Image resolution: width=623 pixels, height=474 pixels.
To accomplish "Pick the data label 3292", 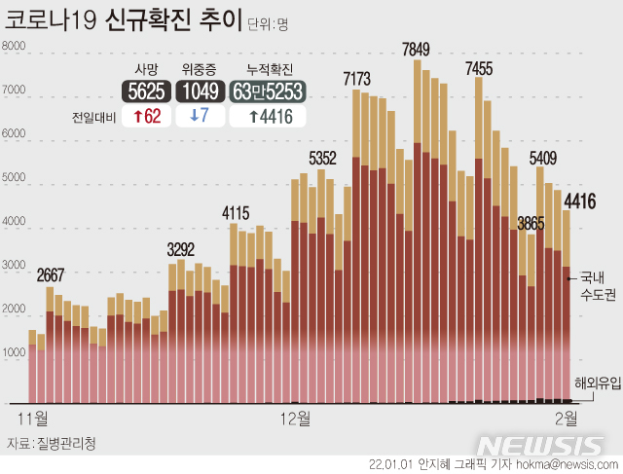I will point(181,247).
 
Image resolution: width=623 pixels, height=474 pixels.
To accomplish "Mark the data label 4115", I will point(236,212).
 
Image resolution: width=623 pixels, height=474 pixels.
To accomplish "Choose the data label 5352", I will point(322,158).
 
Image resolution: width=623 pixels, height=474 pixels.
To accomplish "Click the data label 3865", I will point(531,224).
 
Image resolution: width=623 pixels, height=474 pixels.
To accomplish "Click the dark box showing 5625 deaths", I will point(147,91).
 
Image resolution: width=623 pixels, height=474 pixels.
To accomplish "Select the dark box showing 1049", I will point(202,91).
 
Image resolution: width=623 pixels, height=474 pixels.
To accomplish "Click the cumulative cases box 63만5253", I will point(268,91).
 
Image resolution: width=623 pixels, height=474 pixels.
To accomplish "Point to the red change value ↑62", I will point(148,116).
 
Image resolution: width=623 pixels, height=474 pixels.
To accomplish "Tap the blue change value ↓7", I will point(202,116).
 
